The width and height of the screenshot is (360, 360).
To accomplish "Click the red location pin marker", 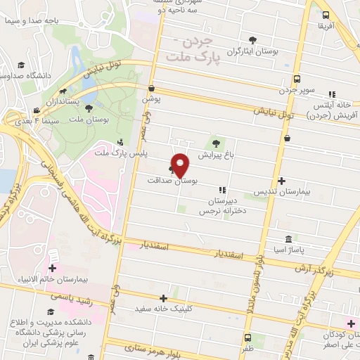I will point(181,165).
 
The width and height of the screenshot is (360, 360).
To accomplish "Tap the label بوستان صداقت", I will point(174,181).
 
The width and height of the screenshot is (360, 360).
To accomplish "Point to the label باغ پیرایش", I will point(213,153).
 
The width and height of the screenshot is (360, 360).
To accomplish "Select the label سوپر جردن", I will point(297,90).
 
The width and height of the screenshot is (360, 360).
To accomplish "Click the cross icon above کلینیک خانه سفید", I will point(165,299).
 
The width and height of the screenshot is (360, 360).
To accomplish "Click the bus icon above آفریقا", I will point(326,15).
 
